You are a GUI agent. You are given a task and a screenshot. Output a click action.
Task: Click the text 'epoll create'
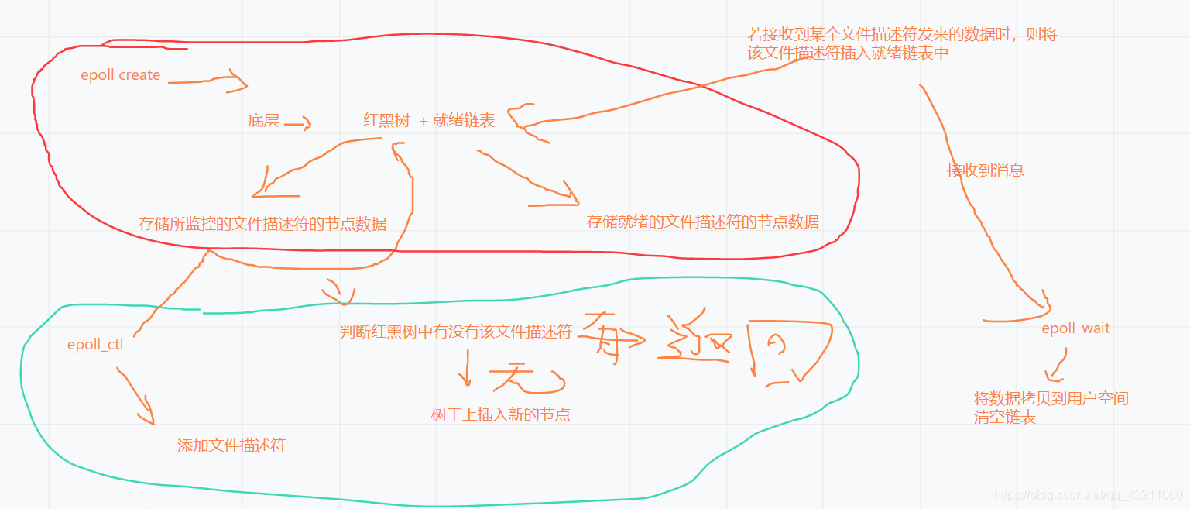pos(120,75)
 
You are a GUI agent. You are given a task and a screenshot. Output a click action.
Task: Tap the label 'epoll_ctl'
pos(95,345)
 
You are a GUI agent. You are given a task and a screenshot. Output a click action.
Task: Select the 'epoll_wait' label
pos(1075,328)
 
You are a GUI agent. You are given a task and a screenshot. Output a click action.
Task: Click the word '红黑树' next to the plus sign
pos(386,120)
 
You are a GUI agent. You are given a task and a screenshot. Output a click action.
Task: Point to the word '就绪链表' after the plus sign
pos(464,120)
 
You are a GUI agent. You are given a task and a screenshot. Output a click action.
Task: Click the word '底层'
pos(263,121)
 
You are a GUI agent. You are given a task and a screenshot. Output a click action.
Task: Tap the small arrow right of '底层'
pos(298,122)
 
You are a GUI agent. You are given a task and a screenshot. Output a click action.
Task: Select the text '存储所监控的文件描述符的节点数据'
pos(262,224)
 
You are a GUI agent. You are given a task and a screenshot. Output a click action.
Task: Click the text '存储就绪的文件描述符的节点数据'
pos(702,222)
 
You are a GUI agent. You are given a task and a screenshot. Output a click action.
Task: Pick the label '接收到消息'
pos(985,170)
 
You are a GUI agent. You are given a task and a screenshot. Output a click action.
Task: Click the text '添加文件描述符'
pos(231,445)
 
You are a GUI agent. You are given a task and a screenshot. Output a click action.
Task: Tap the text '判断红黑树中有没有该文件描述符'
pos(456,332)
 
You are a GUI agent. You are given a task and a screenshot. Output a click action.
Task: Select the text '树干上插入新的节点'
pos(500,414)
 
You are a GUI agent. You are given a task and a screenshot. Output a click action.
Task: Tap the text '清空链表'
pos(1004,417)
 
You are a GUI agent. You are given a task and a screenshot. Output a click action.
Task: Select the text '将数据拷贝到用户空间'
pos(1051,398)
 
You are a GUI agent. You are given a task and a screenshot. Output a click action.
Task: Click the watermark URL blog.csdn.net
pos(1088,495)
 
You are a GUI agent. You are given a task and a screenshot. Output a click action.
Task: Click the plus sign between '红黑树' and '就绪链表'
pos(424,121)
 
